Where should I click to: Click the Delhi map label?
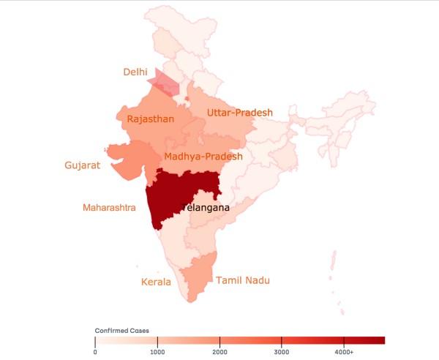[135, 72]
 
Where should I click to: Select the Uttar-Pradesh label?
[239, 113]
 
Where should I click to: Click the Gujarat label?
[82, 166]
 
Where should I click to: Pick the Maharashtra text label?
[109, 208]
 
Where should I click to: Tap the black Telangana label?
[205, 208]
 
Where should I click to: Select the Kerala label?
[156, 282]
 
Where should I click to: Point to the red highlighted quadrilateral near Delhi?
[165, 83]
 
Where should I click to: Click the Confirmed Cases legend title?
[122, 331]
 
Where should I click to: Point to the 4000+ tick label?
[344, 352]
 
